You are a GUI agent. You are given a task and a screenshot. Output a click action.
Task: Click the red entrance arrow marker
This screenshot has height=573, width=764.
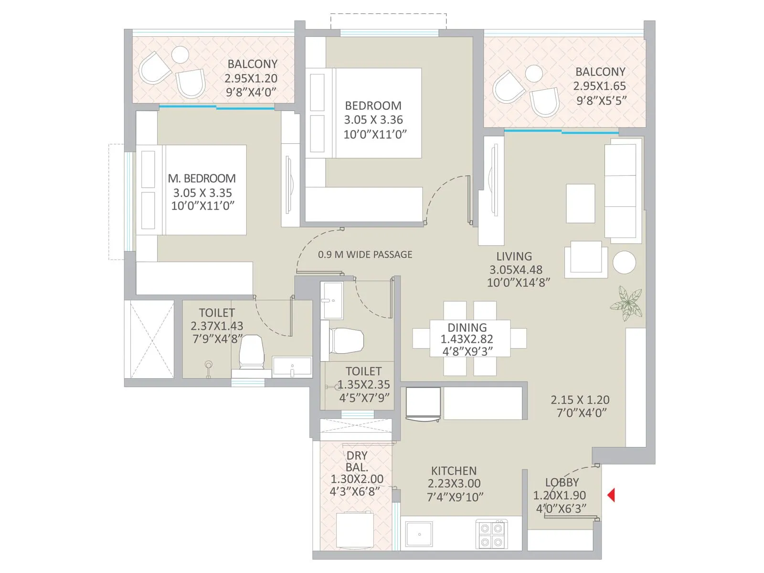611,495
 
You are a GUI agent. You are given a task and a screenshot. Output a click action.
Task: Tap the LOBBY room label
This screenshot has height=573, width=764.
562,482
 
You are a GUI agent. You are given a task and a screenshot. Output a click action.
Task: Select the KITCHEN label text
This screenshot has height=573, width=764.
454,471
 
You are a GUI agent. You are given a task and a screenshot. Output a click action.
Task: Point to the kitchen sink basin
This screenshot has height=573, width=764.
419,534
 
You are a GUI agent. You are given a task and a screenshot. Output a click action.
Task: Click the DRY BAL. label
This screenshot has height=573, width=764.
357,461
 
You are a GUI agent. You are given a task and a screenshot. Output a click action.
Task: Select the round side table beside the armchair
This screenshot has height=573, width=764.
624,262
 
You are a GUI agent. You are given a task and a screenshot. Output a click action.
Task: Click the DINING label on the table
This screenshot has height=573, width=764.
467,328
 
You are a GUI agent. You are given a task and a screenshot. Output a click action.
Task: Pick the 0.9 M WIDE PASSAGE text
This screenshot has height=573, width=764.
365,255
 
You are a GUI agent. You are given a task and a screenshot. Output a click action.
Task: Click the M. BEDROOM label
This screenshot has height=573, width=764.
202,179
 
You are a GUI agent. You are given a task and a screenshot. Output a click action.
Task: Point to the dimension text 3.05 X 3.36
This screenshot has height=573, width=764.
373,120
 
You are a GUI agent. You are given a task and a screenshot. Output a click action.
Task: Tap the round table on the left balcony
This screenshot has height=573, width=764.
180,54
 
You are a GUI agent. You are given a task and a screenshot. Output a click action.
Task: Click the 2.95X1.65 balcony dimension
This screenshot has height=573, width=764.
599,86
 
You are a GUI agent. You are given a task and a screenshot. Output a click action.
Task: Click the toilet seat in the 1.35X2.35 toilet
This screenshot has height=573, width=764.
347,340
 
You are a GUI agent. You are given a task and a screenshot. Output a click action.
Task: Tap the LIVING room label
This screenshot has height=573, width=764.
514,256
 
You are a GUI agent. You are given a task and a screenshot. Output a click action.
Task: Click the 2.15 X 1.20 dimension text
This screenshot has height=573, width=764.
580,400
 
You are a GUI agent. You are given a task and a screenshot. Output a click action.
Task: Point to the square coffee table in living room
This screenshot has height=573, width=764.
580,203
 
